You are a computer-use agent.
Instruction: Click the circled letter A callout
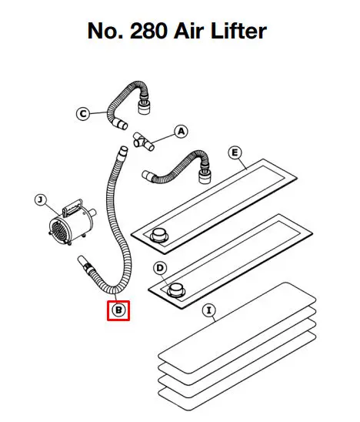182,132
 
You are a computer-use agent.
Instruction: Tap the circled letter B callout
118,310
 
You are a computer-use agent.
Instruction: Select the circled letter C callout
83,113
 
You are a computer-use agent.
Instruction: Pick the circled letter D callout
160,268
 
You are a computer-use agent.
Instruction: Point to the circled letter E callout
235,153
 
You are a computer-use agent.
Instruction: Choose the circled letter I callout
209,310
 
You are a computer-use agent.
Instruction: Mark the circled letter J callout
41,200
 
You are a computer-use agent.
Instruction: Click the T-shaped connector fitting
143,141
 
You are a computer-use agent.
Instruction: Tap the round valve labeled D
176,290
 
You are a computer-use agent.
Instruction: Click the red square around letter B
118,310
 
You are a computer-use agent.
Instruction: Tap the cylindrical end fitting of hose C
144,107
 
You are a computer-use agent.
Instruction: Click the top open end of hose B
123,149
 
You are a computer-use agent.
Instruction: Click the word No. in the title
105,31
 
